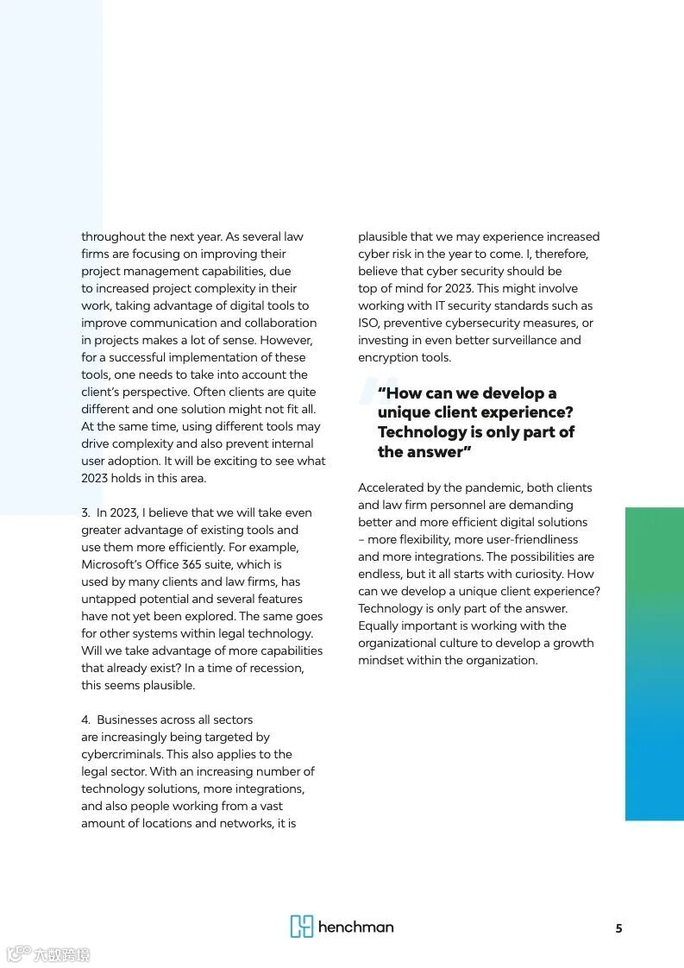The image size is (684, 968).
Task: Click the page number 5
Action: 618,928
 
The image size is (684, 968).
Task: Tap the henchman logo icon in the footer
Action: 301,927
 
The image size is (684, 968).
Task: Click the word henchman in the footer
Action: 355,927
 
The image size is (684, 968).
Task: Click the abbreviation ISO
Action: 368,323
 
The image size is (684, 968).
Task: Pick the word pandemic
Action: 492,487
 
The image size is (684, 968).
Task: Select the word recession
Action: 278,668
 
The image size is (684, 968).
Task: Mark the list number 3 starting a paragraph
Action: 85,512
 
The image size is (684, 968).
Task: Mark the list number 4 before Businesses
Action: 85,720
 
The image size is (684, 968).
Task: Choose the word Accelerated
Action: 392,487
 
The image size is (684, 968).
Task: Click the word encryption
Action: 387,357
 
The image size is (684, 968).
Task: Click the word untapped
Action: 109,599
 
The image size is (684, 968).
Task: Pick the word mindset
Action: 382,660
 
